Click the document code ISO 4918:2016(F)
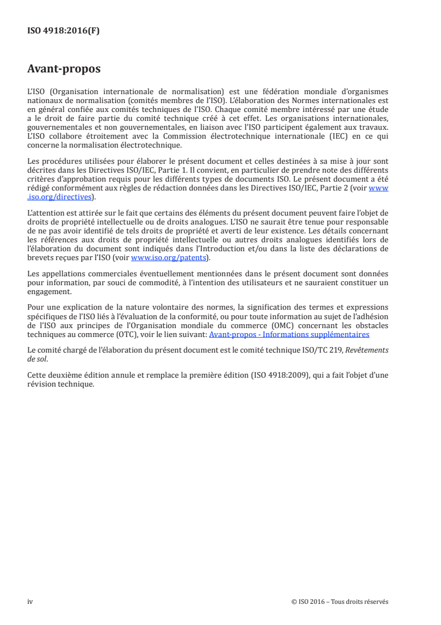pos(63,31)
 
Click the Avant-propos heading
pos(64,70)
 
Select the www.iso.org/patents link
pos(168,258)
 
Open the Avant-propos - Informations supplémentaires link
pos(289,335)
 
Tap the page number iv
pos(30,602)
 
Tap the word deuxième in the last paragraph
pos(58,375)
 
